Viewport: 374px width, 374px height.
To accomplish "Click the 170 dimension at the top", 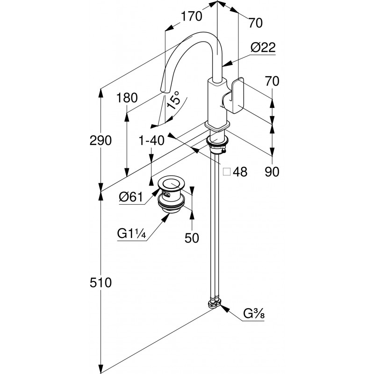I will pos(192,16).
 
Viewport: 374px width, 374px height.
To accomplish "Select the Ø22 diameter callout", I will pos(262,48).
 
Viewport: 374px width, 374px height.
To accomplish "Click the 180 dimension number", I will pos(127,98).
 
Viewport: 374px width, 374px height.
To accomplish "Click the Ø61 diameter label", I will pos(130,198).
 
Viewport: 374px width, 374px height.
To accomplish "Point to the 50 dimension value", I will pos(192,238).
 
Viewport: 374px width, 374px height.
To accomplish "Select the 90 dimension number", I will pos(272,172).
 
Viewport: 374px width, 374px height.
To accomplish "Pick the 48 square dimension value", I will pos(240,172).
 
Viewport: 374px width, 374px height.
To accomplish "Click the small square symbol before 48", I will pos(227,172).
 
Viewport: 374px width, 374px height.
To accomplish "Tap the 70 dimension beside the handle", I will pos(272,81).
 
